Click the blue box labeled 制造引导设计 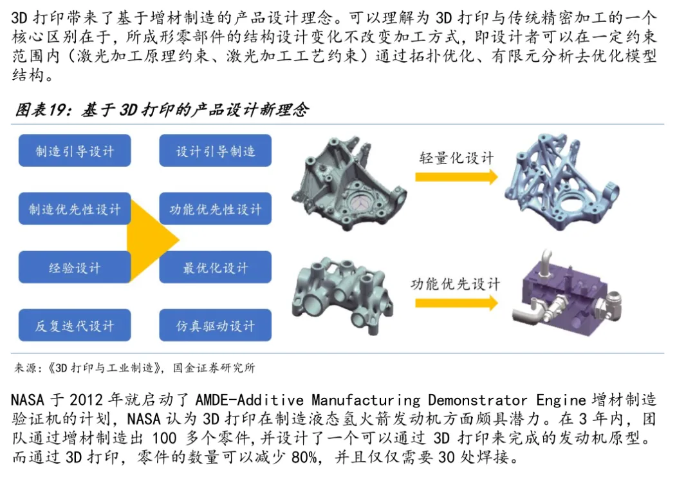point(75,151)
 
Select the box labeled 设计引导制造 point(216,151)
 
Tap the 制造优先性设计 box point(75,209)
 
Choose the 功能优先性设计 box point(216,209)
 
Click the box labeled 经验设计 point(75,267)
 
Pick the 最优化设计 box point(216,267)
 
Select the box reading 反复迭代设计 point(75,325)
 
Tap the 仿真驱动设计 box point(216,325)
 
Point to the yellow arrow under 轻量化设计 point(456,176)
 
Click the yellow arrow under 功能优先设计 point(456,302)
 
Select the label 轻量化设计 point(456,158)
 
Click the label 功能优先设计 point(455,283)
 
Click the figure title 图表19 point(41,110)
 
